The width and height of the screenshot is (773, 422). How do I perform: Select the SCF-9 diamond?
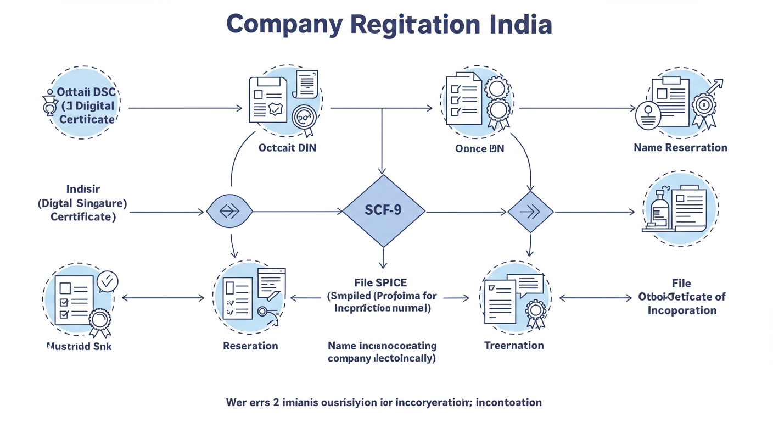click(383, 211)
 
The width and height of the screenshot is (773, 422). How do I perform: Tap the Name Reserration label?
click(680, 147)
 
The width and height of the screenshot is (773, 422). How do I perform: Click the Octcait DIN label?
click(287, 148)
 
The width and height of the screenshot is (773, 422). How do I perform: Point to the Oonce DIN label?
click(479, 148)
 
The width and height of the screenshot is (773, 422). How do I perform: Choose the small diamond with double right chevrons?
click(530, 212)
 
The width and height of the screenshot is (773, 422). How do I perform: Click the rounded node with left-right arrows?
click(229, 212)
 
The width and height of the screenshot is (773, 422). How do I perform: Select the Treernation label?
click(514, 345)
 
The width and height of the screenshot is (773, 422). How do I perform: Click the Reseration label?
click(250, 346)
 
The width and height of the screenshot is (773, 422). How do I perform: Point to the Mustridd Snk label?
click(79, 346)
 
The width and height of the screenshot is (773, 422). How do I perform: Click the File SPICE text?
click(380, 283)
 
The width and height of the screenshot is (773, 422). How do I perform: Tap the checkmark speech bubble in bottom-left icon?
click(107, 281)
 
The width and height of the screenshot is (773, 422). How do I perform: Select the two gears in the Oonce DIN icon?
click(497, 99)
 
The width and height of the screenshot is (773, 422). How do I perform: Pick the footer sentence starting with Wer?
click(383, 402)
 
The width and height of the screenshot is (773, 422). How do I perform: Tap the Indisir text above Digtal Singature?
click(82, 190)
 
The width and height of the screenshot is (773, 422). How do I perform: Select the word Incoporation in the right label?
click(682, 310)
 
